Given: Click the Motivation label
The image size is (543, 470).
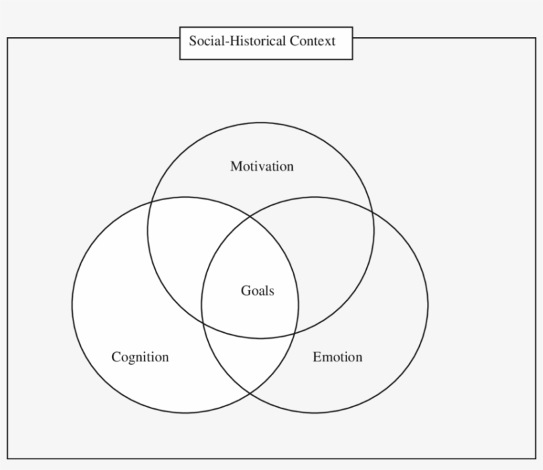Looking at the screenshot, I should pos(262,166).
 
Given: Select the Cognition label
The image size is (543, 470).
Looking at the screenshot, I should pos(140,357).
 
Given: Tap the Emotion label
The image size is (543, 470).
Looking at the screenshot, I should pos(337,357).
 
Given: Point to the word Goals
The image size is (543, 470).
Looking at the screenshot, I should pos(257,290).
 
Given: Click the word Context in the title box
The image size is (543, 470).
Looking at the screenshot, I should pos(312,41).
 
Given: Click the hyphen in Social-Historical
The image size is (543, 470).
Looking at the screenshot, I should pos(224,42).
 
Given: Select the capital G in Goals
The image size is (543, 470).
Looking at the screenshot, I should pos(245,290).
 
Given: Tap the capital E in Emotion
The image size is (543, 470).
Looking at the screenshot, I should pos(317,357).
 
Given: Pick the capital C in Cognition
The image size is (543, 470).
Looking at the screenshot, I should pos(116,357).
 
